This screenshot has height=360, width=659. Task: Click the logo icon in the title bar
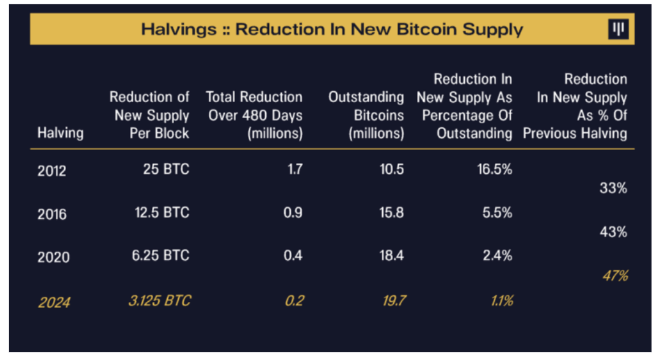pos(618,29)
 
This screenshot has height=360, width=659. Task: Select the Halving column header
pos(61,133)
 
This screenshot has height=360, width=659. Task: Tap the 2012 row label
pos(52,170)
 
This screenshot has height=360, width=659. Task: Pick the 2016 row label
pos(52,214)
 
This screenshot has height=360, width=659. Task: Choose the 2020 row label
pos(53,257)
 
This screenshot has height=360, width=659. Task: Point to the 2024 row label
pos(53,302)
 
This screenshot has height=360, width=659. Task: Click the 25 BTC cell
pos(167,169)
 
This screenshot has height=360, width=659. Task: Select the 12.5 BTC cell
pos(162,212)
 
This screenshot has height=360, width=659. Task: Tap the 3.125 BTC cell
pos(159,301)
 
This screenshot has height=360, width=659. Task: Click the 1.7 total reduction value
pos(295,169)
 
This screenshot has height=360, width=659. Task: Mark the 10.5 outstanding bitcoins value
pos(392,169)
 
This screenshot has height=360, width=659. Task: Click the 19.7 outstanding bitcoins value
pos(393,301)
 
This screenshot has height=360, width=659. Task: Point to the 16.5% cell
pos(494,169)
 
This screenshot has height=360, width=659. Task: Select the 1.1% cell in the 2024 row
pos(500,301)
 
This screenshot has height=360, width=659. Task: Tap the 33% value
pos(613,188)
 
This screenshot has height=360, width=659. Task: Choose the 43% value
pos(613,232)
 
